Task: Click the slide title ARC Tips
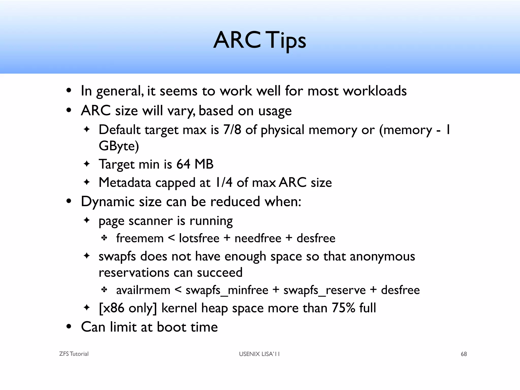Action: [x=260, y=40]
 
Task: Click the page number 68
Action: [x=464, y=354]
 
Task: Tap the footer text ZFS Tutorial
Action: [x=74, y=354]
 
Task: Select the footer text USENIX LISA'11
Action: [x=259, y=354]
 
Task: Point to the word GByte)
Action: [x=119, y=146]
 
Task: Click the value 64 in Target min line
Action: [x=183, y=164]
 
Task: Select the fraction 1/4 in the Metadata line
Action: [x=223, y=183]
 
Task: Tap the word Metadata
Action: [x=124, y=183]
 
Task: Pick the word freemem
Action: [x=140, y=238]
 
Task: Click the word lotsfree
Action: [x=199, y=238]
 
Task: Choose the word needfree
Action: [x=258, y=238]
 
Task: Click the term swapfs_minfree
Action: [x=227, y=290]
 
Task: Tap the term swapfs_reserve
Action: [x=324, y=290]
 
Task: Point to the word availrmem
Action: [x=143, y=290]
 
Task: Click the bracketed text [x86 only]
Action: [x=128, y=308]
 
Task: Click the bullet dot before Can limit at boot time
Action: [x=69, y=327]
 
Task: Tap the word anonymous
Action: [x=382, y=256]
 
